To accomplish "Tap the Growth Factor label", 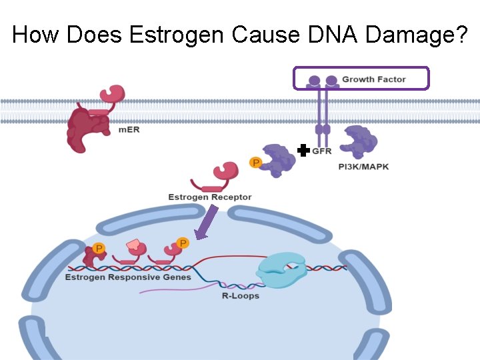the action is pyautogui.click(x=373, y=79).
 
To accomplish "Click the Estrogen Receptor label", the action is pyautogui.click(x=210, y=197).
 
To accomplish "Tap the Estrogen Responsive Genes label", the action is pyautogui.click(x=128, y=277).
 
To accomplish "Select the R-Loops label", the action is pyautogui.click(x=240, y=295).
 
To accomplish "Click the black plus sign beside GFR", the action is pyautogui.click(x=303, y=151).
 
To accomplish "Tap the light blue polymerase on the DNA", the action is pyautogui.click(x=281, y=271).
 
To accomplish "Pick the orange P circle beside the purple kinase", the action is pyautogui.click(x=255, y=162).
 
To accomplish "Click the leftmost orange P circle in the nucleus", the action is pyautogui.click(x=99, y=249).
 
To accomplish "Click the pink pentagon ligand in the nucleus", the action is pyautogui.click(x=135, y=245).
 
